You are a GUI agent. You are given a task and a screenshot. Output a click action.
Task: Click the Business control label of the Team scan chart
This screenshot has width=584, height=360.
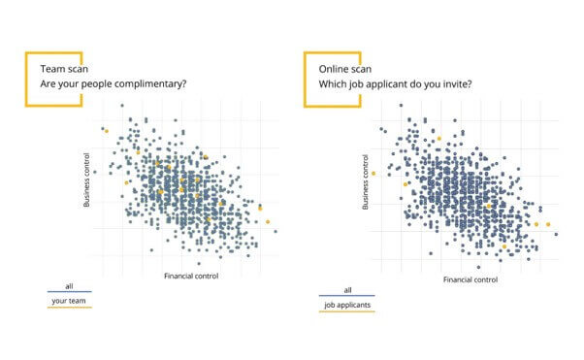pyautogui.click(x=86, y=179)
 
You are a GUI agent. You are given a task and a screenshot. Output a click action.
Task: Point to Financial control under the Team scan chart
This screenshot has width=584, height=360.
pyautogui.click(x=192, y=276)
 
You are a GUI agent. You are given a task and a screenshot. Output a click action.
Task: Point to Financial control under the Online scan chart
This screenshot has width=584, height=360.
pyautogui.click(x=470, y=279)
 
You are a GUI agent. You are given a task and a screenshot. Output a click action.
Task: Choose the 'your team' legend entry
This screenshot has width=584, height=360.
pyautogui.click(x=68, y=301)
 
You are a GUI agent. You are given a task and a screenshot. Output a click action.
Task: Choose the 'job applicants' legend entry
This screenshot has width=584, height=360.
pyautogui.click(x=346, y=305)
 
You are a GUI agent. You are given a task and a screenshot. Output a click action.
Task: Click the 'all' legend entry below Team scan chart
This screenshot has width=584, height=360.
pyautogui.click(x=68, y=286)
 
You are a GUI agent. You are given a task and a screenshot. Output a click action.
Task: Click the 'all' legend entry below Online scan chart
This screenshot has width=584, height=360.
pyautogui.click(x=347, y=290)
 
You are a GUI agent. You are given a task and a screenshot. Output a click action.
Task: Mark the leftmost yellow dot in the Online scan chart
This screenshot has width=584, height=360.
pyautogui.click(x=373, y=174)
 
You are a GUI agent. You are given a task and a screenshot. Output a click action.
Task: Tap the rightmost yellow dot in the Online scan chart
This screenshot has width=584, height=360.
pyautogui.click(x=548, y=225)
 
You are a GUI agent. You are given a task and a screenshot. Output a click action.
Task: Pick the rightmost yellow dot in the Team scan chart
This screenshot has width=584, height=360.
pyautogui.click(x=268, y=222)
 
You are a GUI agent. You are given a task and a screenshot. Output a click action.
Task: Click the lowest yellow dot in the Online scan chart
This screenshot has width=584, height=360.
pyautogui.click(x=503, y=246)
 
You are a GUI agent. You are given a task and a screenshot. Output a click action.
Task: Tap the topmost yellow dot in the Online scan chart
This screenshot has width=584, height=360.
pyautogui.click(x=438, y=139)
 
